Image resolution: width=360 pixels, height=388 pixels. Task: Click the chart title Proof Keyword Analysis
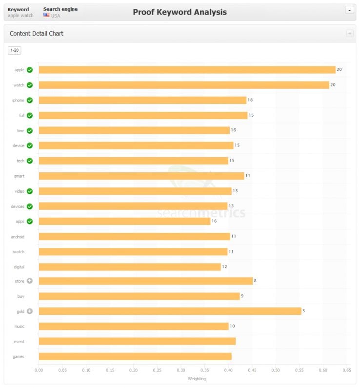click(x=180, y=12)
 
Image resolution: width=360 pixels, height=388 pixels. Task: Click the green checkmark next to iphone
click(x=30, y=100)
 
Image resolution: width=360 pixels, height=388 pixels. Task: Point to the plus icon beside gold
click(x=30, y=311)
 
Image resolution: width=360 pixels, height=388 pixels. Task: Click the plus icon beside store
click(x=30, y=281)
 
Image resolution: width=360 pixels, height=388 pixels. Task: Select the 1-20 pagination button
click(x=15, y=50)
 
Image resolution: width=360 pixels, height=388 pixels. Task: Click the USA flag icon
click(x=46, y=16)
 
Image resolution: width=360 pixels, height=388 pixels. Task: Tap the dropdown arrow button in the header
click(x=349, y=10)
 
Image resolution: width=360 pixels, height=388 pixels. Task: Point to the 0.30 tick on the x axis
click(x=181, y=370)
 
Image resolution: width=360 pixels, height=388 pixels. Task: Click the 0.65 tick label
click(x=347, y=370)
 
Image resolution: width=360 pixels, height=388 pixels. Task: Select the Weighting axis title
click(x=197, y=378)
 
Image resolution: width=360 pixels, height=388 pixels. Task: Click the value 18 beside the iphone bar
click(x=250, y=100)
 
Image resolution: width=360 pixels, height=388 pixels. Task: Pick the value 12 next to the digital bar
click(x=224, y=266)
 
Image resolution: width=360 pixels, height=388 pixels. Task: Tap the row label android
click(x=18, y=237)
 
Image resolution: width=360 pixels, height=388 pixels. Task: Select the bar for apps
click(x=124, y=221)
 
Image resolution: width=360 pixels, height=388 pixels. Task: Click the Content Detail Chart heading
click(x=37, y=34)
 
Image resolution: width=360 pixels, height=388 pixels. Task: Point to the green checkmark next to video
click(x=30, y=191)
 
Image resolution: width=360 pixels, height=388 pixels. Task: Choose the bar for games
click(x=135, y=356)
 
